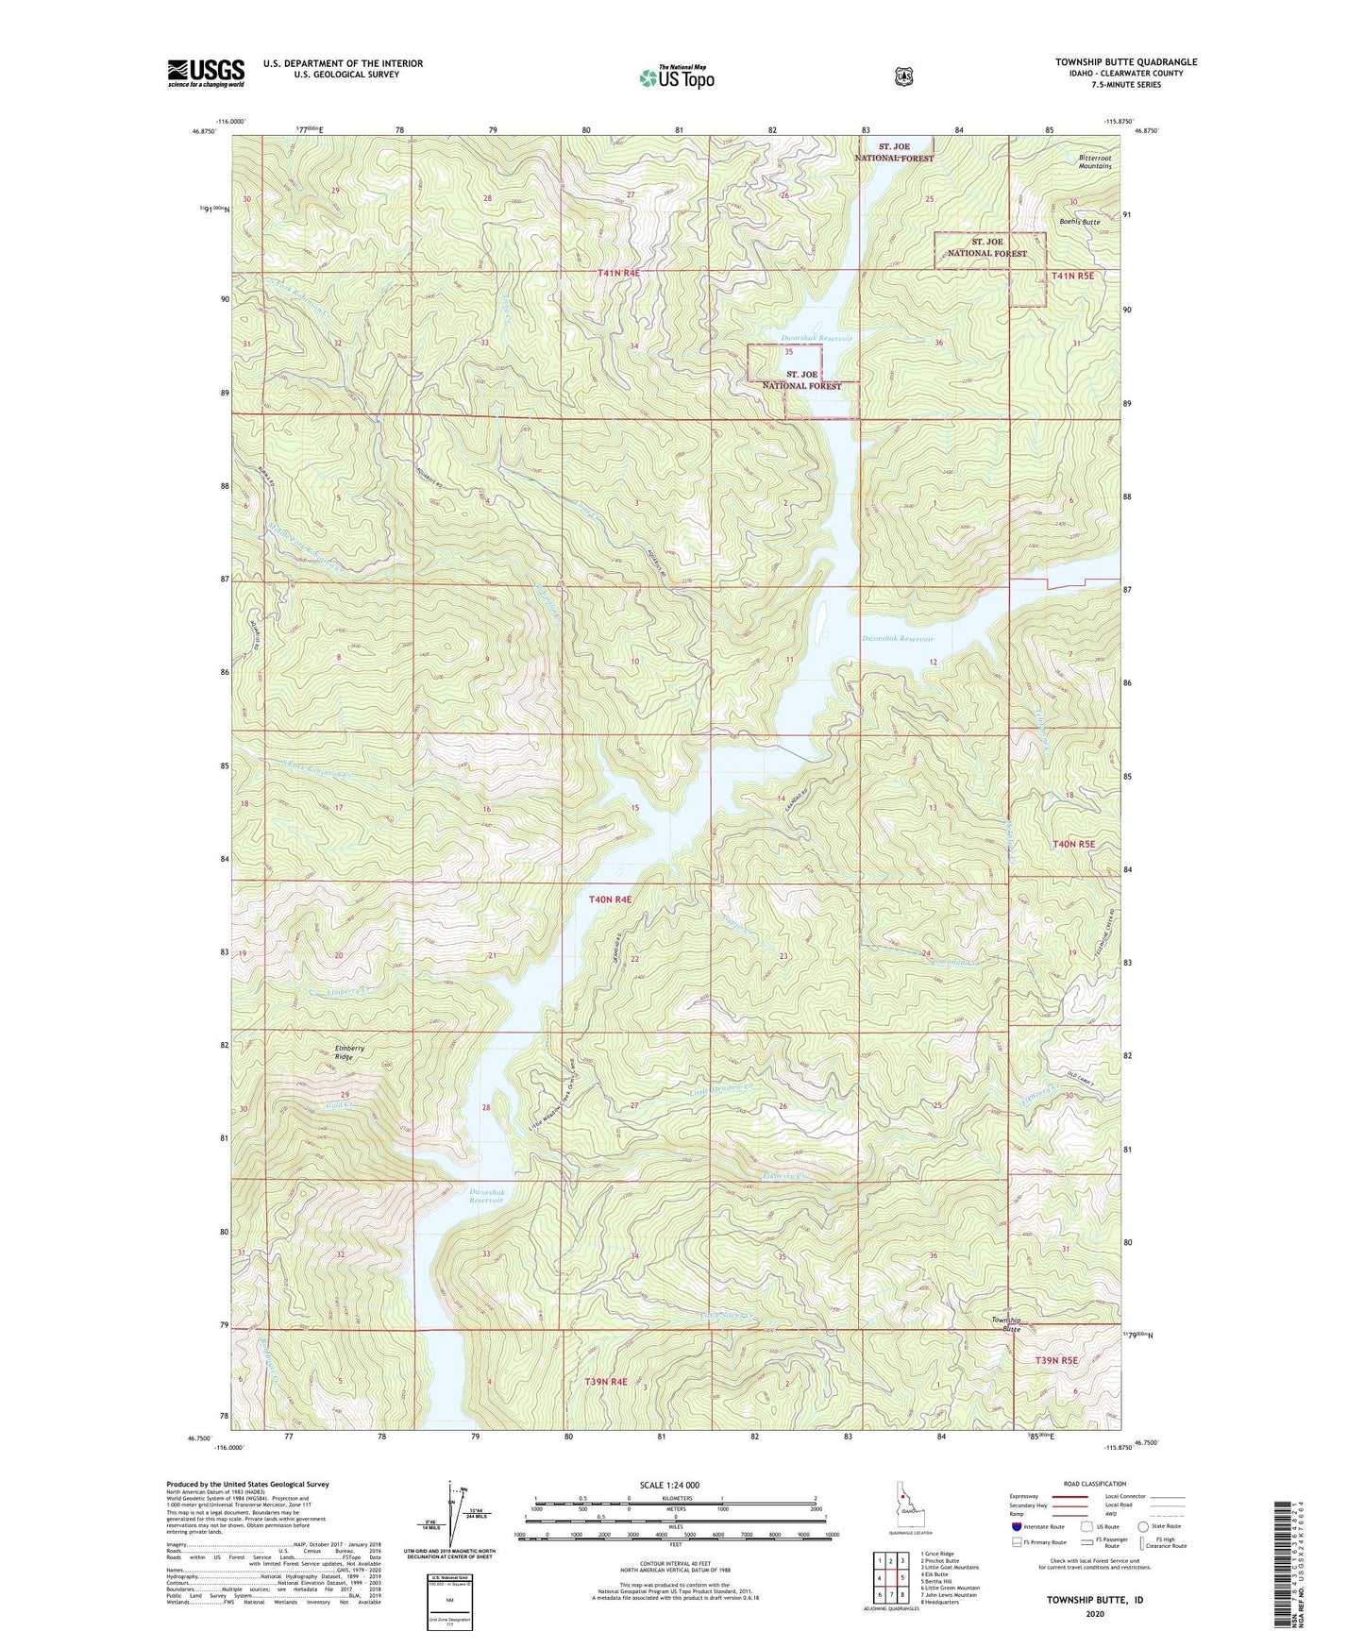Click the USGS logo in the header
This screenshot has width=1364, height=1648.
click(206, 73)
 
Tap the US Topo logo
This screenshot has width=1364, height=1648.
click(675, 77)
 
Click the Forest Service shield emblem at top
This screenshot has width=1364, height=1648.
click(903, 76)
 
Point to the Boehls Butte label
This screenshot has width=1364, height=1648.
click(1079, 222)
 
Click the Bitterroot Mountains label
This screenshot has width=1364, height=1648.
click(1095, 161)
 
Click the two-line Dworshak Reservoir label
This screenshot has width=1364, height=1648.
click(487, 1196)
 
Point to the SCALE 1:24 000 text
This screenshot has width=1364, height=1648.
click(669, 1485)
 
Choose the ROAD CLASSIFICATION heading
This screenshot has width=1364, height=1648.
click(1094, 1484)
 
